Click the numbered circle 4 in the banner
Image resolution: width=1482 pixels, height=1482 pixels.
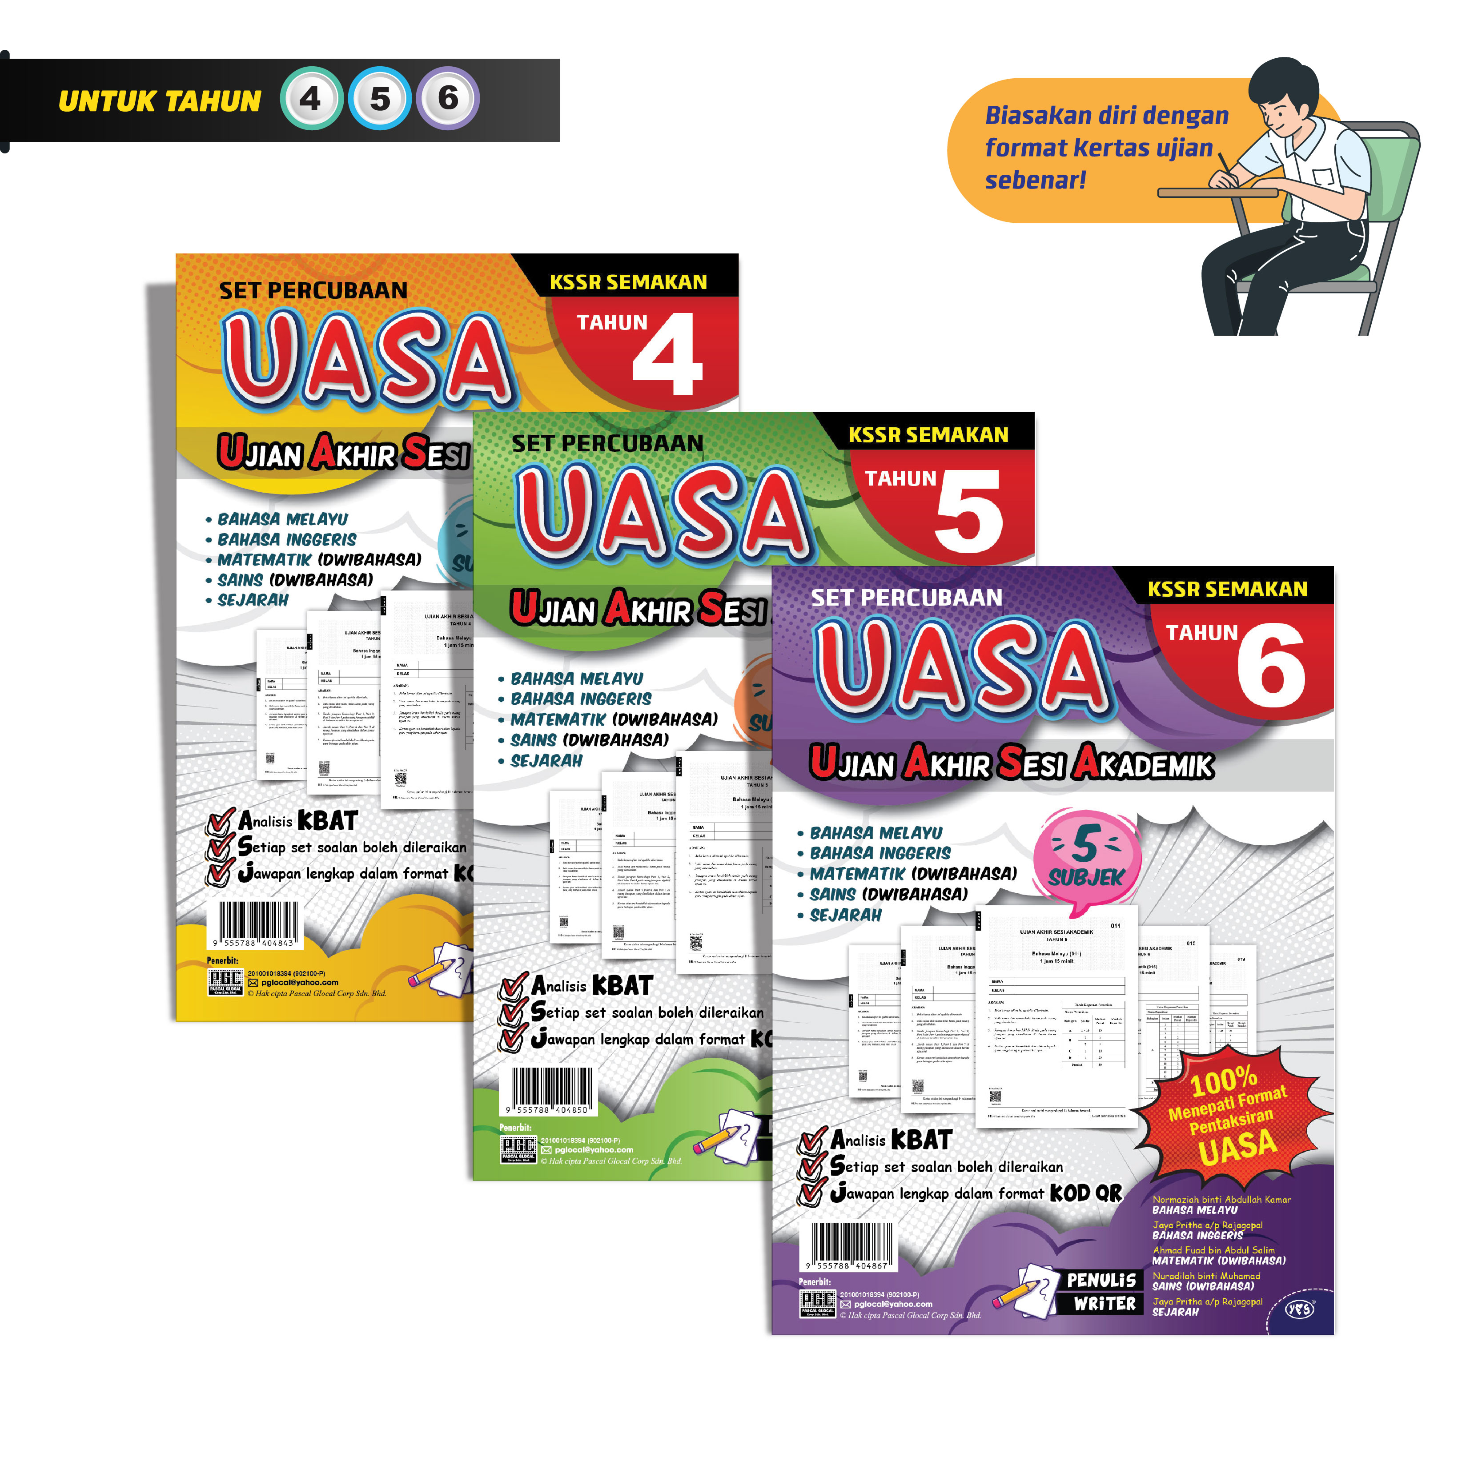pyautogui.click(x=311, y=99)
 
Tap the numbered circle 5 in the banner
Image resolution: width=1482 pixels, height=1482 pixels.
pyautogui.click(x=380, y=99)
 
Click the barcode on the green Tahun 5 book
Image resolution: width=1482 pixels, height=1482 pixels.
pyautogui.click(x=551, y=1089)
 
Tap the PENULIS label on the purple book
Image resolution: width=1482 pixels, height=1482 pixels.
pyautogui.click(x=1101, y=1280)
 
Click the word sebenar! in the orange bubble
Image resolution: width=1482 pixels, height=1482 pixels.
pyautogui.click(x=1035, y=180)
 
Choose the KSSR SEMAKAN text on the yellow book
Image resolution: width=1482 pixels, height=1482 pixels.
pyautogui.click(x=627, y=282)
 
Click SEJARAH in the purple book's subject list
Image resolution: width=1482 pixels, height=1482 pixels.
pyautogui.click(x=845, y=915)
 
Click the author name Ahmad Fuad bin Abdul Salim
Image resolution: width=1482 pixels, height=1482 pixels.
pyautogui.click(x=1213, y=1250)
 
